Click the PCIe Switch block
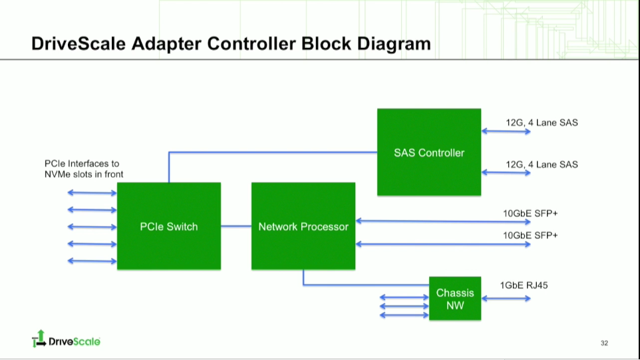point(168,226)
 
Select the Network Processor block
point(303,226)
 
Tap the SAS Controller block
point(428,152)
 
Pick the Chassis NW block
point(454,299)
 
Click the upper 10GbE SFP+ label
point(530,214)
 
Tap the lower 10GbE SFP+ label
point(530,236)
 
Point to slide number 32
point(604,343)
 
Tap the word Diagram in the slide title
point(394,44)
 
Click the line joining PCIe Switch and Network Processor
point(236,226)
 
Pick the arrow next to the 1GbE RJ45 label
point(506,298)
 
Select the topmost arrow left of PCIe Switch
point(92,193)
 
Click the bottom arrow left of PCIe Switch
point(92,261)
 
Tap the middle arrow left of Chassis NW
point(404,306)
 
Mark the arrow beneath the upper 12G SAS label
point(506,132)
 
